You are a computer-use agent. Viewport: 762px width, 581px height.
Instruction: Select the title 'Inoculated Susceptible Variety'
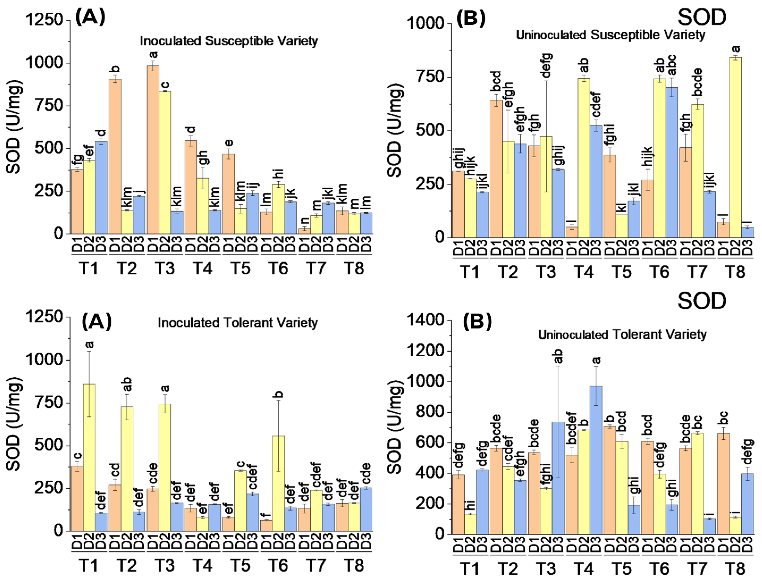229,41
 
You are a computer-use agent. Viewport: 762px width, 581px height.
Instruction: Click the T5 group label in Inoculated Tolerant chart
240,565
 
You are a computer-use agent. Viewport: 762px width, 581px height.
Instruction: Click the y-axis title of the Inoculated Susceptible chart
14,127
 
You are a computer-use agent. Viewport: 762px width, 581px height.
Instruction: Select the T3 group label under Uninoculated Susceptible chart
546,272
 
